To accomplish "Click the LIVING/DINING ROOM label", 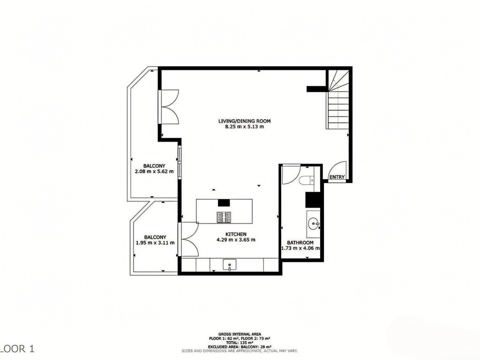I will [x=244, y=121].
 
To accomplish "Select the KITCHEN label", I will [x=236, y=234].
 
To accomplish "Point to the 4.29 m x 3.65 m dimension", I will [x=236, y=240].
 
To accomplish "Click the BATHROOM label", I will [x=300, y=242].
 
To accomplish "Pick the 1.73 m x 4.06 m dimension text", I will [x=300, y=248].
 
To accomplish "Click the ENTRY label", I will [x=337, y=177].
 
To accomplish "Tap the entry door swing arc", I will [x=338, y=168].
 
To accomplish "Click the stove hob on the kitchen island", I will [x=224, y=217].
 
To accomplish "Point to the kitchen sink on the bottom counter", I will [x=229, y=265].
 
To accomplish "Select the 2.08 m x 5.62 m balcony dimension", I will [x=154, y=172].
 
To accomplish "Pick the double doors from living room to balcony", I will [x=169, y=106].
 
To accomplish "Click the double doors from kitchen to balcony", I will [x=189, y=239].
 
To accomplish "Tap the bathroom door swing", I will [x=290, y=174].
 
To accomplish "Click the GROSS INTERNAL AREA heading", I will [x=240, y=333].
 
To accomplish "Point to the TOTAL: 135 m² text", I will [x=240, y=342].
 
